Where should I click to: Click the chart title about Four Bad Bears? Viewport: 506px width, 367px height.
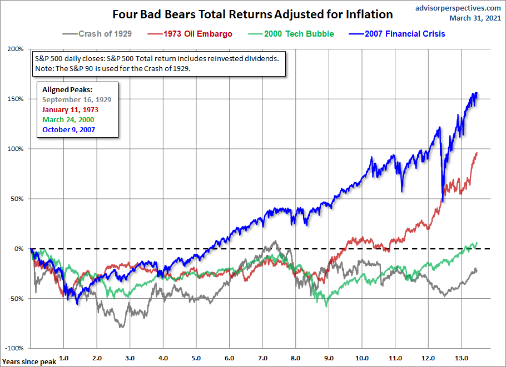click(252, 14)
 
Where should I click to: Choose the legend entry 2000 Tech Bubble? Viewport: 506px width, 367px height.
click(299, 34)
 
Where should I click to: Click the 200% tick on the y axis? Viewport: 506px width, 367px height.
click(16, 49)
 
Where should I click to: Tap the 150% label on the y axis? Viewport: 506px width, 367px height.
click(16, 99)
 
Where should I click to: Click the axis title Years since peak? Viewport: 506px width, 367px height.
click(28, 361)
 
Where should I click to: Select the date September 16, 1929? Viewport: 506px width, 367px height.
click(77, 100)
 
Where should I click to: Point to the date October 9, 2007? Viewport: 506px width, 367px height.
click(69, 129)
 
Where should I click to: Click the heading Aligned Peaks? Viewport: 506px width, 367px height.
click(67, 90)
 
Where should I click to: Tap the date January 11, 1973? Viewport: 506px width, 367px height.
click(71, 110)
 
